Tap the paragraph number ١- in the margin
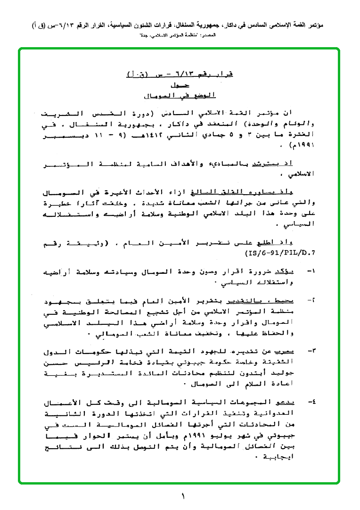tap(311, 272)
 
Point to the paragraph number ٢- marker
tap(311, 300)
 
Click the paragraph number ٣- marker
tap(311, 351)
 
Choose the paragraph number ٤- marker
tap(311, 403)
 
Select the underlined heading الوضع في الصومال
tap(182, 96)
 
